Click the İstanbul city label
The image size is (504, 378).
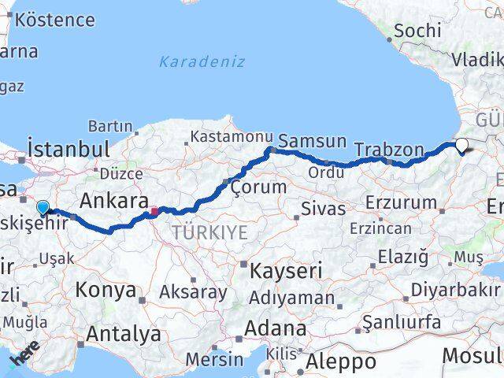coord(68,149)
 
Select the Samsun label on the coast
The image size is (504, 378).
coord(313,142)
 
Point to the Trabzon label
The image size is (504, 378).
coord(389,149)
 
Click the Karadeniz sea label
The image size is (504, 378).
coord(201,61)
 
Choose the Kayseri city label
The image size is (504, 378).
coord(286,271)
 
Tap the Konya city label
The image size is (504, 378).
coord(106,290)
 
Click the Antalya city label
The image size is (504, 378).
coord(124,334)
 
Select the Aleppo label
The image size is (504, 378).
coord(341,361)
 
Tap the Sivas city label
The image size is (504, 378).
coord(323,209)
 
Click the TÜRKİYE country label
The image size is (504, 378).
coord(210,232)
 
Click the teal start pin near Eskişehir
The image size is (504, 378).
coord(43,208)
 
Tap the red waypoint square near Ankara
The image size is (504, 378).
coord(154,210)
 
